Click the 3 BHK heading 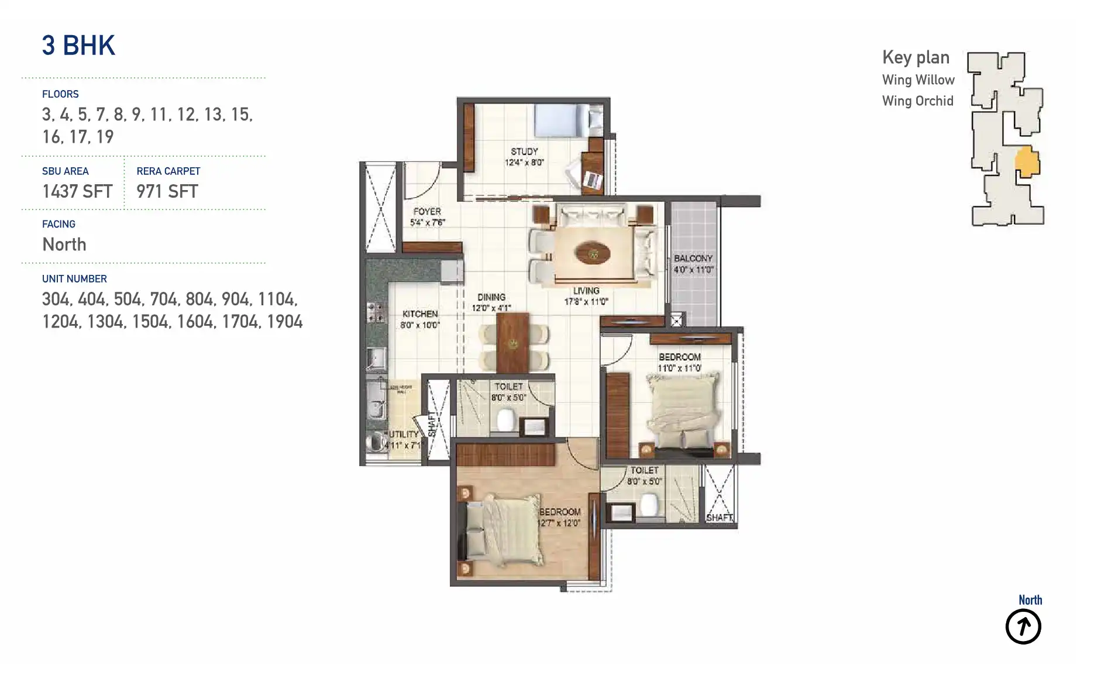coord(78,46)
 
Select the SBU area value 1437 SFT coord(77,191)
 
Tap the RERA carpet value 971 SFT coord(167,191)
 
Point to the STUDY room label coord(524,151)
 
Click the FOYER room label coord(427,212)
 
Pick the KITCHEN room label coord(419,314)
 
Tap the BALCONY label coord(693,259)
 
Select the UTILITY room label coord(404,435)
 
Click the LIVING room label coord(586,291)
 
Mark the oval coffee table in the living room coord(593,254)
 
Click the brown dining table coord(512,343)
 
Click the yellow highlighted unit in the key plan coord(1027,162)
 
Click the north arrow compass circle coord(1023,627)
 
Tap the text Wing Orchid coord(917,101)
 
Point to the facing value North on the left coord(64,244)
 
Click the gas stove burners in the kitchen coord(376,312)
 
